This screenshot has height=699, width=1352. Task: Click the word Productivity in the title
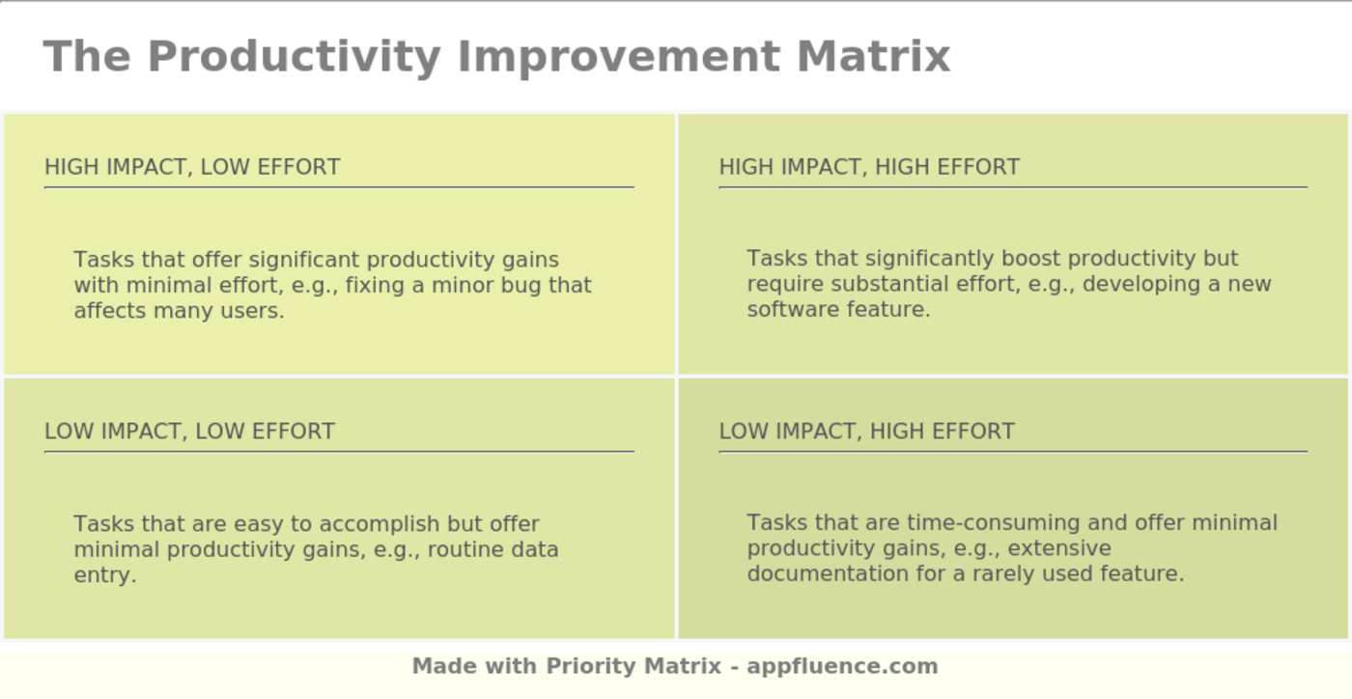tap(294, 56)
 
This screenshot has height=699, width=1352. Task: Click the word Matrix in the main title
tap(873, 56)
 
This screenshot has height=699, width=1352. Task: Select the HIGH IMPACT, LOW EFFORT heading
tap(192, 167)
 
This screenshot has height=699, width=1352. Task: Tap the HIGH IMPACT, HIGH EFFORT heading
tap(869, 167)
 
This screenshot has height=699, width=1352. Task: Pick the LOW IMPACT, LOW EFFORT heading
tap(189, 432)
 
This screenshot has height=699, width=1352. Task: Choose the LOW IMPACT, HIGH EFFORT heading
tap(866, 432)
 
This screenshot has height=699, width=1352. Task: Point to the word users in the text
tap(253, 311)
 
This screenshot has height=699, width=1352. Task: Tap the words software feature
tap(837, 310)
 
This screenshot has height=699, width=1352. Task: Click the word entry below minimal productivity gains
tap(103, 575)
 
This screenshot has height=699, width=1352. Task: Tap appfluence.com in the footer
tap(841, 666)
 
